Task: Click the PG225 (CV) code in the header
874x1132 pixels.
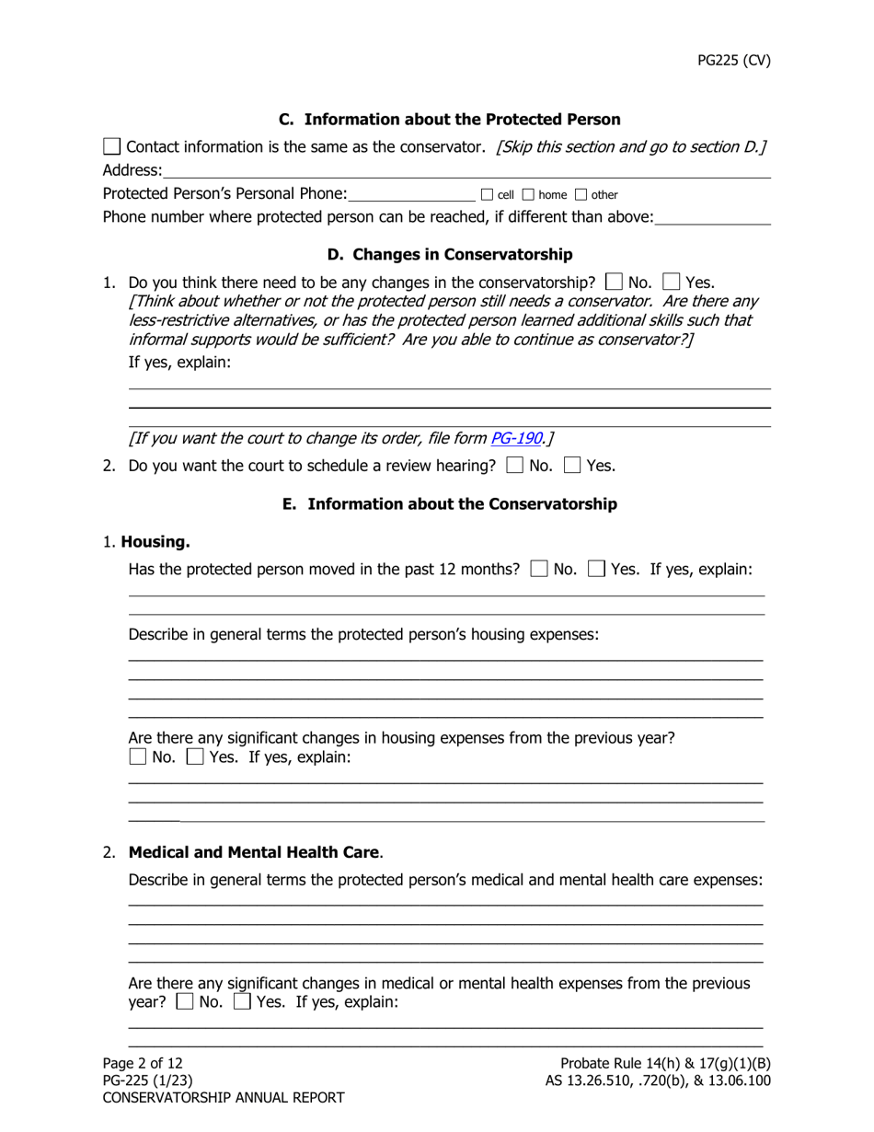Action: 732,61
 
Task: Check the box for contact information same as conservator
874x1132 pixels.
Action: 111,146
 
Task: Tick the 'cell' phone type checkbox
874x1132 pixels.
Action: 487,194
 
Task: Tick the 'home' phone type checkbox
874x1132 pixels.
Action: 528,194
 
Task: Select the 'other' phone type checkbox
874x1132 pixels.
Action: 581,194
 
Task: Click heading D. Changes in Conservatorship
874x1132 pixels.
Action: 450,254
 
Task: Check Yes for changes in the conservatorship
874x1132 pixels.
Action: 672,282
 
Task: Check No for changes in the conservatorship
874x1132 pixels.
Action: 614,282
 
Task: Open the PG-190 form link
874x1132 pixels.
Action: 515,438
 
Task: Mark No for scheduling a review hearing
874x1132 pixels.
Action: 516,466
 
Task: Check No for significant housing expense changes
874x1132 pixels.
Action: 137,758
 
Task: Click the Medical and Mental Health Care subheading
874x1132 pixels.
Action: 254,852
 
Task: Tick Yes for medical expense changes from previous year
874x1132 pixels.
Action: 243,1002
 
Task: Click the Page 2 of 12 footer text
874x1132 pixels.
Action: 143,1063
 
